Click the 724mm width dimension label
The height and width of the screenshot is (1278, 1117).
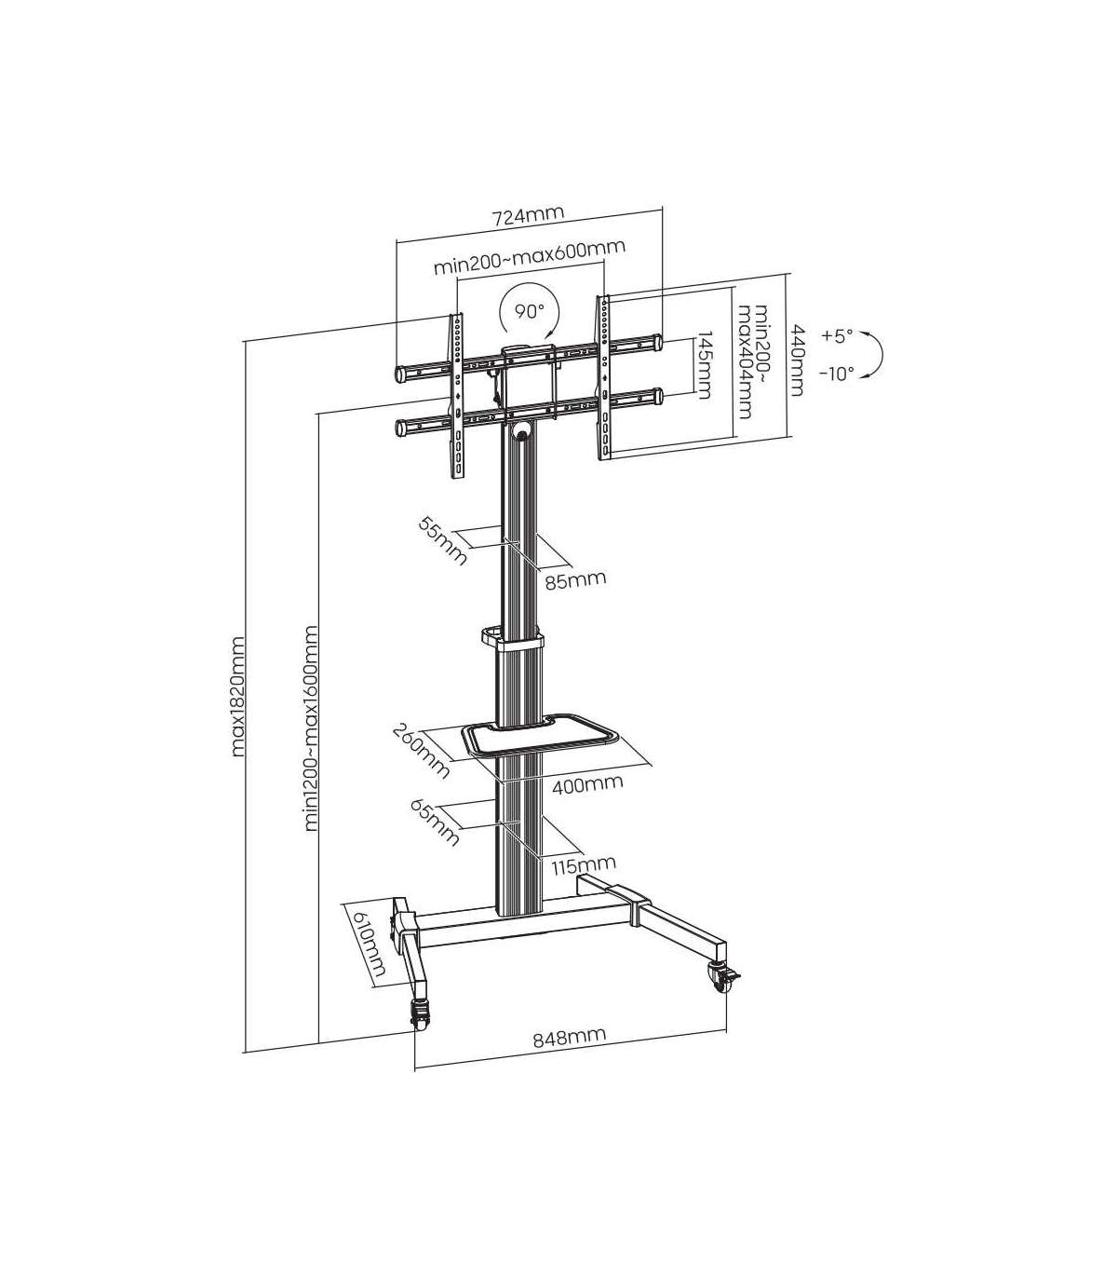click(x=528, y=215)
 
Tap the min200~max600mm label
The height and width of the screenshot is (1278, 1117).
click(x=529, y=257)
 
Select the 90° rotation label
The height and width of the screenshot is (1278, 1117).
click(x=530, y=310)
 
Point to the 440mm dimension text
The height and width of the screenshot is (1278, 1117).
click(x=796, y=360)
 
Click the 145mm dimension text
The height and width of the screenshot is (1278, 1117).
click(x=704, y=365)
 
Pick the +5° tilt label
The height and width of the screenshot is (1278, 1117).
click(x=837, y=335)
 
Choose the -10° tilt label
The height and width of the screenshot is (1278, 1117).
click(x=837, y=374)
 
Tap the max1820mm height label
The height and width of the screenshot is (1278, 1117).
click(x=237, y=697)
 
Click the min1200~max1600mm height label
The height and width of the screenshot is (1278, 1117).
click(x=311, y=727)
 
